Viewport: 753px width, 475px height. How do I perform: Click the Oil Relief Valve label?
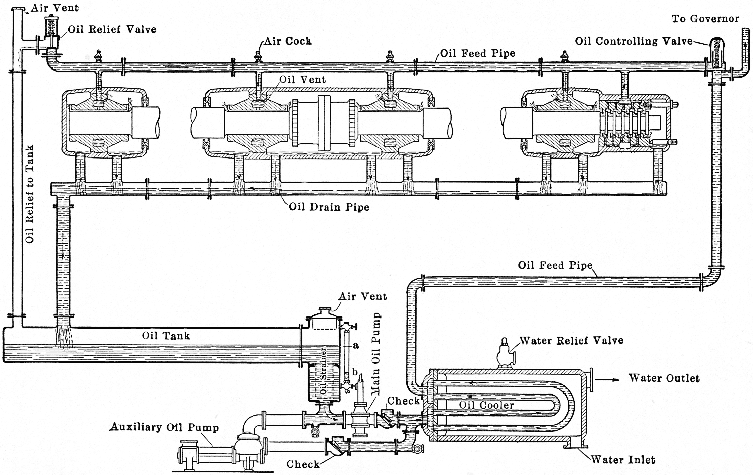(x=112, y=29)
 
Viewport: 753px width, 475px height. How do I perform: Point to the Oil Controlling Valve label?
(x=634, y=41)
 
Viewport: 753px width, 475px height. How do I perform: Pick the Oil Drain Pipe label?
(x=329, y=206)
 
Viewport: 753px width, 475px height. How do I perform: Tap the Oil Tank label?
(x=166, y=335)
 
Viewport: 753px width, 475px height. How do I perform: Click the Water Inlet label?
(x=622, y=459)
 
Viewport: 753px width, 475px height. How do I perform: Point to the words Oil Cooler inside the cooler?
(x=486, y=405)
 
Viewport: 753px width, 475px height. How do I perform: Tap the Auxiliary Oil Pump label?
(x=165, y=428)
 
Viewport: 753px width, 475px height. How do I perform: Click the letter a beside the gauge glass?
(x=355, y=345)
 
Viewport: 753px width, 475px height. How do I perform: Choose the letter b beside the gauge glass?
(x=355, y=372)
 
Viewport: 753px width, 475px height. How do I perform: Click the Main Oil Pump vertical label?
(x=375, y=355)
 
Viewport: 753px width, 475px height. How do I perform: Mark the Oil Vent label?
(x=302, y=79)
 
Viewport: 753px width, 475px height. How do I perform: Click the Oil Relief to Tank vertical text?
(x=30, y=194)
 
